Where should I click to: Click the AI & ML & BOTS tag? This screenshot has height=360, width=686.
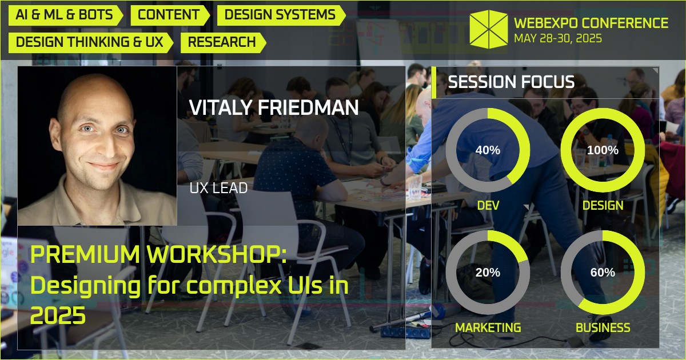pyautogui.click(x=65, y=15)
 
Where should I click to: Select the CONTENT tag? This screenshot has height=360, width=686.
pyautogui.click(x=169, y=15)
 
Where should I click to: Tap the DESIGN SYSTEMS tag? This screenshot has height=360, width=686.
pyautogui.click(x=280, y=15)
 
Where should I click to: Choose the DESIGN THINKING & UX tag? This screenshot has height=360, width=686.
pyautogui.click(x=90, y=42)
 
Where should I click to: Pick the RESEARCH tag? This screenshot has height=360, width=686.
pyautogui.click(x=222, y=42)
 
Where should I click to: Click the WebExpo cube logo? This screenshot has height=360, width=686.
pyautogui.click(x=488, y=29)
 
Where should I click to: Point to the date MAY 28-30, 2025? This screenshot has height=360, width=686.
pyautogui.click(x=557, y=39)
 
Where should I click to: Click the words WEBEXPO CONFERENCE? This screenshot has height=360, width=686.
pyautogui.click(x=591, y=23)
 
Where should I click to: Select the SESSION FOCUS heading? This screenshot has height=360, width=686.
pyautogui.click(x=511, y=82)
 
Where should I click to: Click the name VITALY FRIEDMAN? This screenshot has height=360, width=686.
pyautogui.click(x=274, y=107)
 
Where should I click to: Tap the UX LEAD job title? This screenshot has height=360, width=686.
pyautogui.click(x=218, y=188)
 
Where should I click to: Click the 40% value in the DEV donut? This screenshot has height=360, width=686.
pyautogui.click(x=488, y=150)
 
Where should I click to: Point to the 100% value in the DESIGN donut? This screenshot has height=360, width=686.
pyautogui.click(x=603, y=150)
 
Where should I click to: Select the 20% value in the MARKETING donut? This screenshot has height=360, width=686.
pyautogui.click(x=488, y=273)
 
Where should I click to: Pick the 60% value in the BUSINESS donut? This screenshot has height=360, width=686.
pyautogui.click(x=603, y=273)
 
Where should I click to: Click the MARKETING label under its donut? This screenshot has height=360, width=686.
pyautogui.click(x=488, y=327)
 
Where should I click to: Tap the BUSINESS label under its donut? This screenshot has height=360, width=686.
pyautogui.click(x=603, y=327)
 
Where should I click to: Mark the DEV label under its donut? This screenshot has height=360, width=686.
pyautogui.click(x=488, y=205)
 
